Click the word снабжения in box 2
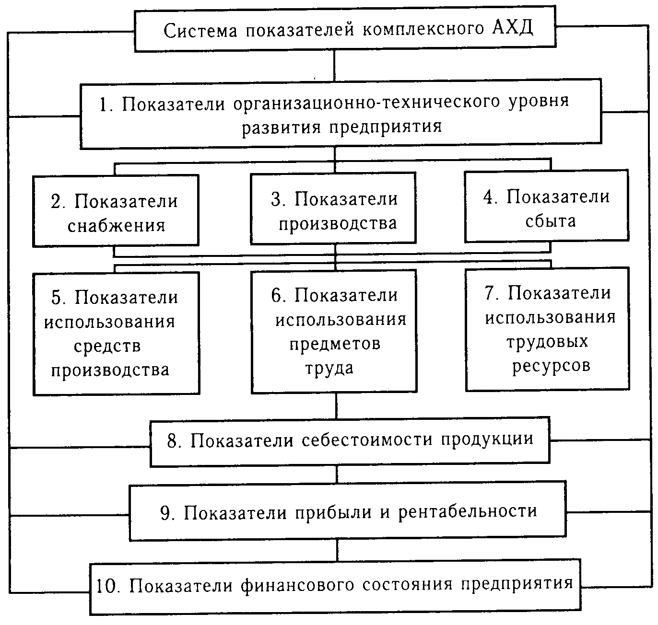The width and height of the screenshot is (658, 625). tap(116, 225)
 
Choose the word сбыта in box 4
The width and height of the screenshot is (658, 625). tap(550, 221)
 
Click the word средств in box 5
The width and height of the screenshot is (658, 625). tap(107, 346)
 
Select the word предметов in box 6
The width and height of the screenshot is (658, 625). tap(335, 344)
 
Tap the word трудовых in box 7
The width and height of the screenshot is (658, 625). tap(547, 342)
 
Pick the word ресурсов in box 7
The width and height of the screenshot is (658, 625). tap(551, 366)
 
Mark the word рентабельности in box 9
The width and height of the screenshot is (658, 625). tap(468, 511)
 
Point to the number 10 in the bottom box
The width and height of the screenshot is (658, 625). tap(106, 586)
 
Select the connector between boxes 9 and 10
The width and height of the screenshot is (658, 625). tap(338, 549)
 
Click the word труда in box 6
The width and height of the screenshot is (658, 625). tap(329, 368)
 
